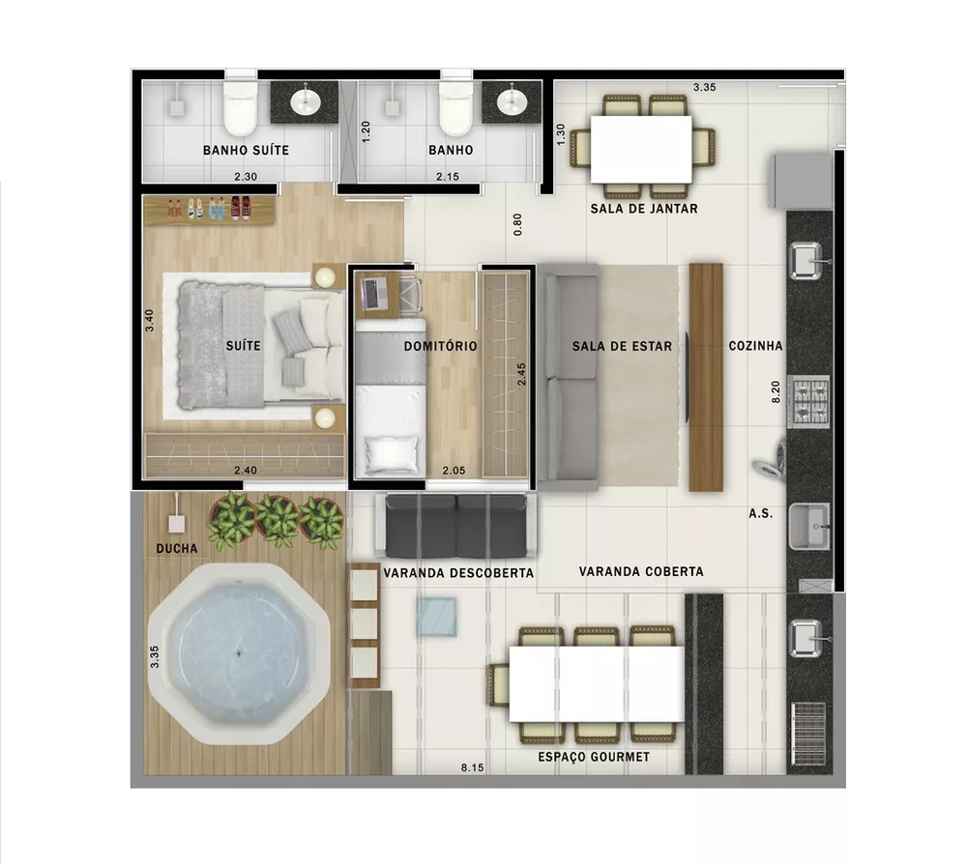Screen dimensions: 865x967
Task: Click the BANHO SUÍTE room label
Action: (x=245, y=151)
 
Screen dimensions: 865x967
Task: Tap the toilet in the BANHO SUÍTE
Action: (x=239, y=109)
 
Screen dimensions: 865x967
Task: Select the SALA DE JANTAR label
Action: (x=644, y=209)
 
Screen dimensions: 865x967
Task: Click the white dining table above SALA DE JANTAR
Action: (x=641, y=148)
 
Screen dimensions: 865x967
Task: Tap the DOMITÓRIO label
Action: (x=440, y=346)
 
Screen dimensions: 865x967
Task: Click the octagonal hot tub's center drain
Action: (x=240, y=656)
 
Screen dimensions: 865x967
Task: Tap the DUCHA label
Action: (x=176, y=549)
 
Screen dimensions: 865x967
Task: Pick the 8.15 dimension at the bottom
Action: (x=472, y=768)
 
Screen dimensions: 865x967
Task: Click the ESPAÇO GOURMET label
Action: (x=594, y=757)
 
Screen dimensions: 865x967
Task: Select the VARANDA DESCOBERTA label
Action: (x=458, y=572)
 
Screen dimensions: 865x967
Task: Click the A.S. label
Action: (x=760, y=513)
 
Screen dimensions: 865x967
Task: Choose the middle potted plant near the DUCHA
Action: (x=278, y=520)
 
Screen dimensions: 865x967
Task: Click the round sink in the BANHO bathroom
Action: (x=511, y=100)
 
